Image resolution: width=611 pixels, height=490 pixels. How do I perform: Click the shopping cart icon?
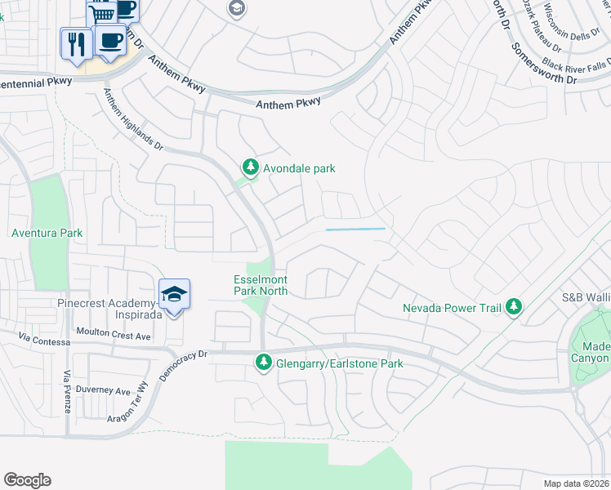click(x=100, y=13)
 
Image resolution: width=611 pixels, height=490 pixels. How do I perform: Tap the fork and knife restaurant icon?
click(x=76, y=42)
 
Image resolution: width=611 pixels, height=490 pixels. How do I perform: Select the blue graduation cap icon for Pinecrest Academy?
click(x=174, y=294)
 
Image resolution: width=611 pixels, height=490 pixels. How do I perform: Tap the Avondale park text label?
click(x=299, y=169)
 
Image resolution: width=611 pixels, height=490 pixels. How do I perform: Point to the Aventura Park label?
click(x=47, y=233)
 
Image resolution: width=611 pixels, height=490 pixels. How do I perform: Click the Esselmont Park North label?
click(x=261, y=284)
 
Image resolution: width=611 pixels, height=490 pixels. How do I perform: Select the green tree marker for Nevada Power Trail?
click(x=514, y=307)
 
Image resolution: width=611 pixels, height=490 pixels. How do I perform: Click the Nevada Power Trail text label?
click(x=453, y=308)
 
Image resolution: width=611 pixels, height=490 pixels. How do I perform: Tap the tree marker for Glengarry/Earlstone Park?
click(x=263, y=362)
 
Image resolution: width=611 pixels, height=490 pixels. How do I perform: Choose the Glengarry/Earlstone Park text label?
click(x=338, y=363)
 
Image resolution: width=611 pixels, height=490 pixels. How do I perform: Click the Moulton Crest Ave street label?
click(x=114, y=336)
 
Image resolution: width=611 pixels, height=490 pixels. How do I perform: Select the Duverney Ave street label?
click(x=102, y=390)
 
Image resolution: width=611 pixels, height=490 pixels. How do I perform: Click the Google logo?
click(x=27, y=480)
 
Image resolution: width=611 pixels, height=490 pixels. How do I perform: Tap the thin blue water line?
click(x=355, y=229)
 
